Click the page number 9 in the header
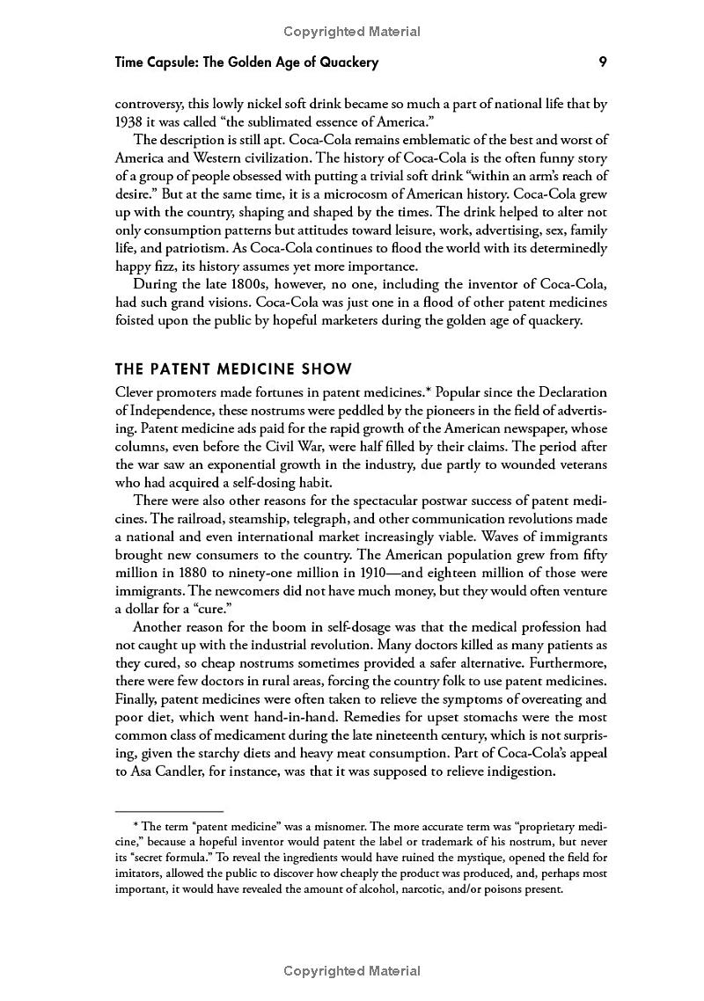point(602,62)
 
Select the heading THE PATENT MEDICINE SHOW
point(233,369)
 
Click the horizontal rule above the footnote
point(169,809)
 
